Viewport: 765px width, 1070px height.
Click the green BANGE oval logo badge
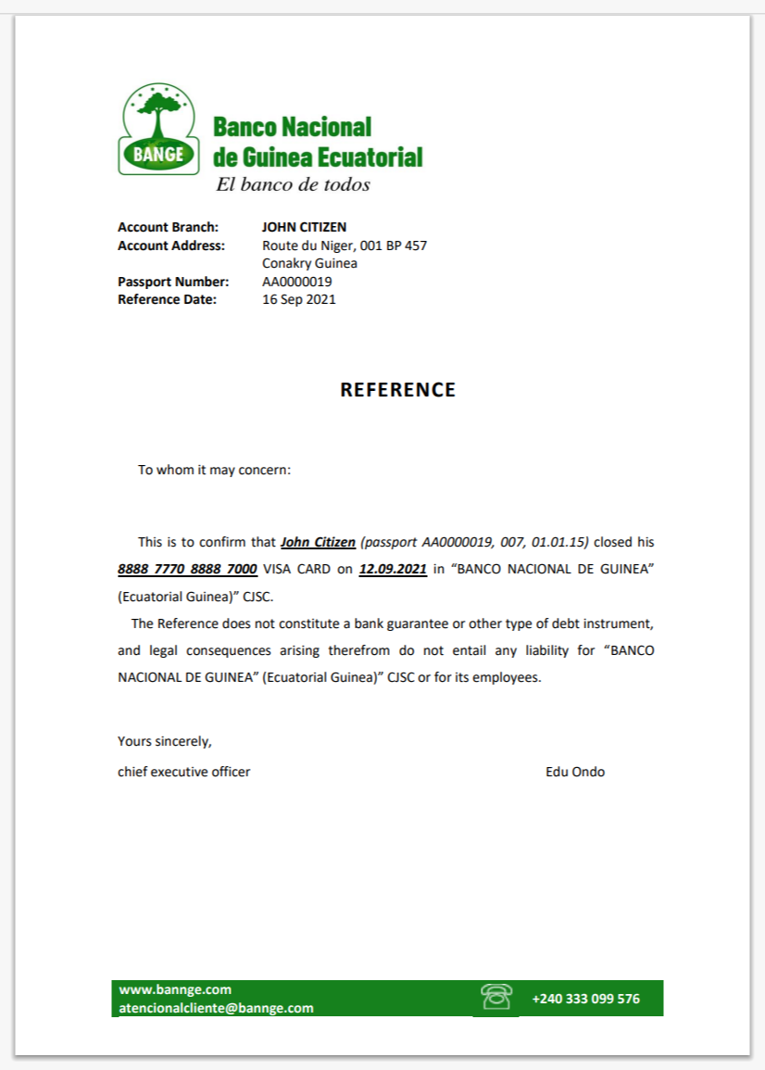pos(158,156)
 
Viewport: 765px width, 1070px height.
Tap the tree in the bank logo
pos(158,109)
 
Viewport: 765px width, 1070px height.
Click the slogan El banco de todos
pos(293,184)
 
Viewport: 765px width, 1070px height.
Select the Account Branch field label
pos(168,227)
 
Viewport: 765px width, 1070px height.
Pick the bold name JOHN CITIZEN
pos(304,227)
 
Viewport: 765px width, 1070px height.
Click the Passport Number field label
pos(172,282)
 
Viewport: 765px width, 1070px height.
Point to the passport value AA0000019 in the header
pos(296,282)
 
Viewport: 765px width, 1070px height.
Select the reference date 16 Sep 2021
pos(298,299)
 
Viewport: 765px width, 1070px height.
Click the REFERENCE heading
pos(397,390)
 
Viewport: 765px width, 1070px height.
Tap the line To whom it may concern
pos(214,470)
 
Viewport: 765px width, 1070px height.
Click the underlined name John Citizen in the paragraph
pos(318,542)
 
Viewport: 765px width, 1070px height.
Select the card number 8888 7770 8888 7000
pos(187,569)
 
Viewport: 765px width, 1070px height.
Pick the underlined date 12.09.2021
pos(393,569)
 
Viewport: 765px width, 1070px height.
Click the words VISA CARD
pos(296,569)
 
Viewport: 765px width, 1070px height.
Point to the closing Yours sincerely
pos(165,741)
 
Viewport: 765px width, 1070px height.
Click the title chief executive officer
pos(183,772)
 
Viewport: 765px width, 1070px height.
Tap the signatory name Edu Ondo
pos(575,772)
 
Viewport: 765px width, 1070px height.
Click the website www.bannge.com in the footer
pos(175,989)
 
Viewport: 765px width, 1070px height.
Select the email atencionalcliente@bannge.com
pos(216,1008)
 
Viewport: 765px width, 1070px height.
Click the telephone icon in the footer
pos(496,997)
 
